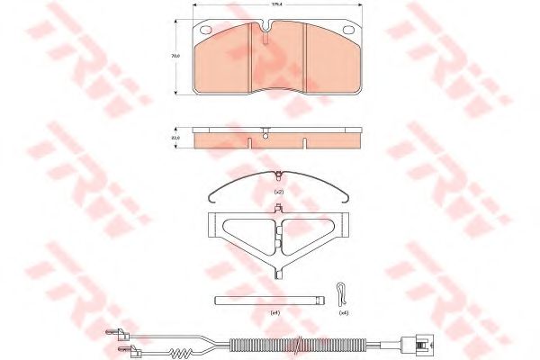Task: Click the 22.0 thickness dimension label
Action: coord(176,138)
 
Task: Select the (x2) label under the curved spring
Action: coord(279,193)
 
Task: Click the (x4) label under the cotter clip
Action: coord(343,312)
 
